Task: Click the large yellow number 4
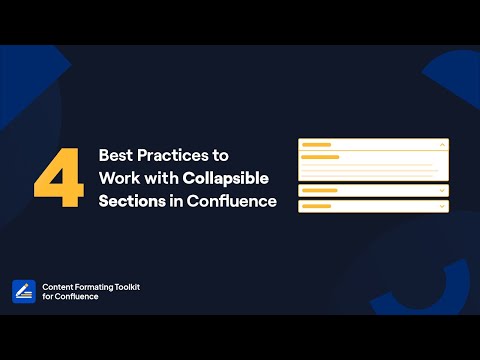click(58, 180)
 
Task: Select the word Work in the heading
click(118, 179)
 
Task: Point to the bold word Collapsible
click(232, 179)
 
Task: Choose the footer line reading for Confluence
click(70, 297)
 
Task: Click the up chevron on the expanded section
click(442, 145)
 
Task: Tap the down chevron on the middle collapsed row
click(442, 190)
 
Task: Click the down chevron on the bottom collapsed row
click(442, 206)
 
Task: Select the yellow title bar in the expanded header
click(316, 145)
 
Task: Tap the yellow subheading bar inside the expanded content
click(320, 157)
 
